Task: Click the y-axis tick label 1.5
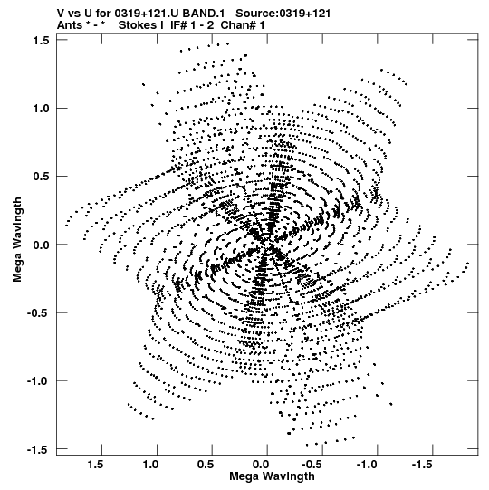41,41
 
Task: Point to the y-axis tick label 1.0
41,109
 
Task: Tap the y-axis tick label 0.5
41,177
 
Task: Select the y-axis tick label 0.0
41,245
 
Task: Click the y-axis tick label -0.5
38,312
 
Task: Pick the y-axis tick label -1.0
38,381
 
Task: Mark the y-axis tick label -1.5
38,449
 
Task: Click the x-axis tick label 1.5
95,465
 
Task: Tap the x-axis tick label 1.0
150,465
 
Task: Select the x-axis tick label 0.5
206,465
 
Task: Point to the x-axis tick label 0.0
261,465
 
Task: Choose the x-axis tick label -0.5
313,465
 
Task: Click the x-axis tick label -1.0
369,465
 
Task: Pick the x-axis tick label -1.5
424,465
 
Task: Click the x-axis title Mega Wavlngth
272,476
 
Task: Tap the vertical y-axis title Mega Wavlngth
17,240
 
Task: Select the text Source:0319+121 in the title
283,14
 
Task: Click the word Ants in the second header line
69,25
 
